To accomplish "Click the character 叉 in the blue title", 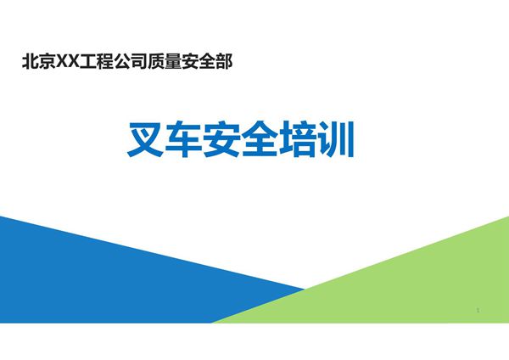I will click(x=147, y=141).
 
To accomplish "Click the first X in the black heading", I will click(x=60, y=62).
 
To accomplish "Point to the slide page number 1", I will click(x=478, y=312).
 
